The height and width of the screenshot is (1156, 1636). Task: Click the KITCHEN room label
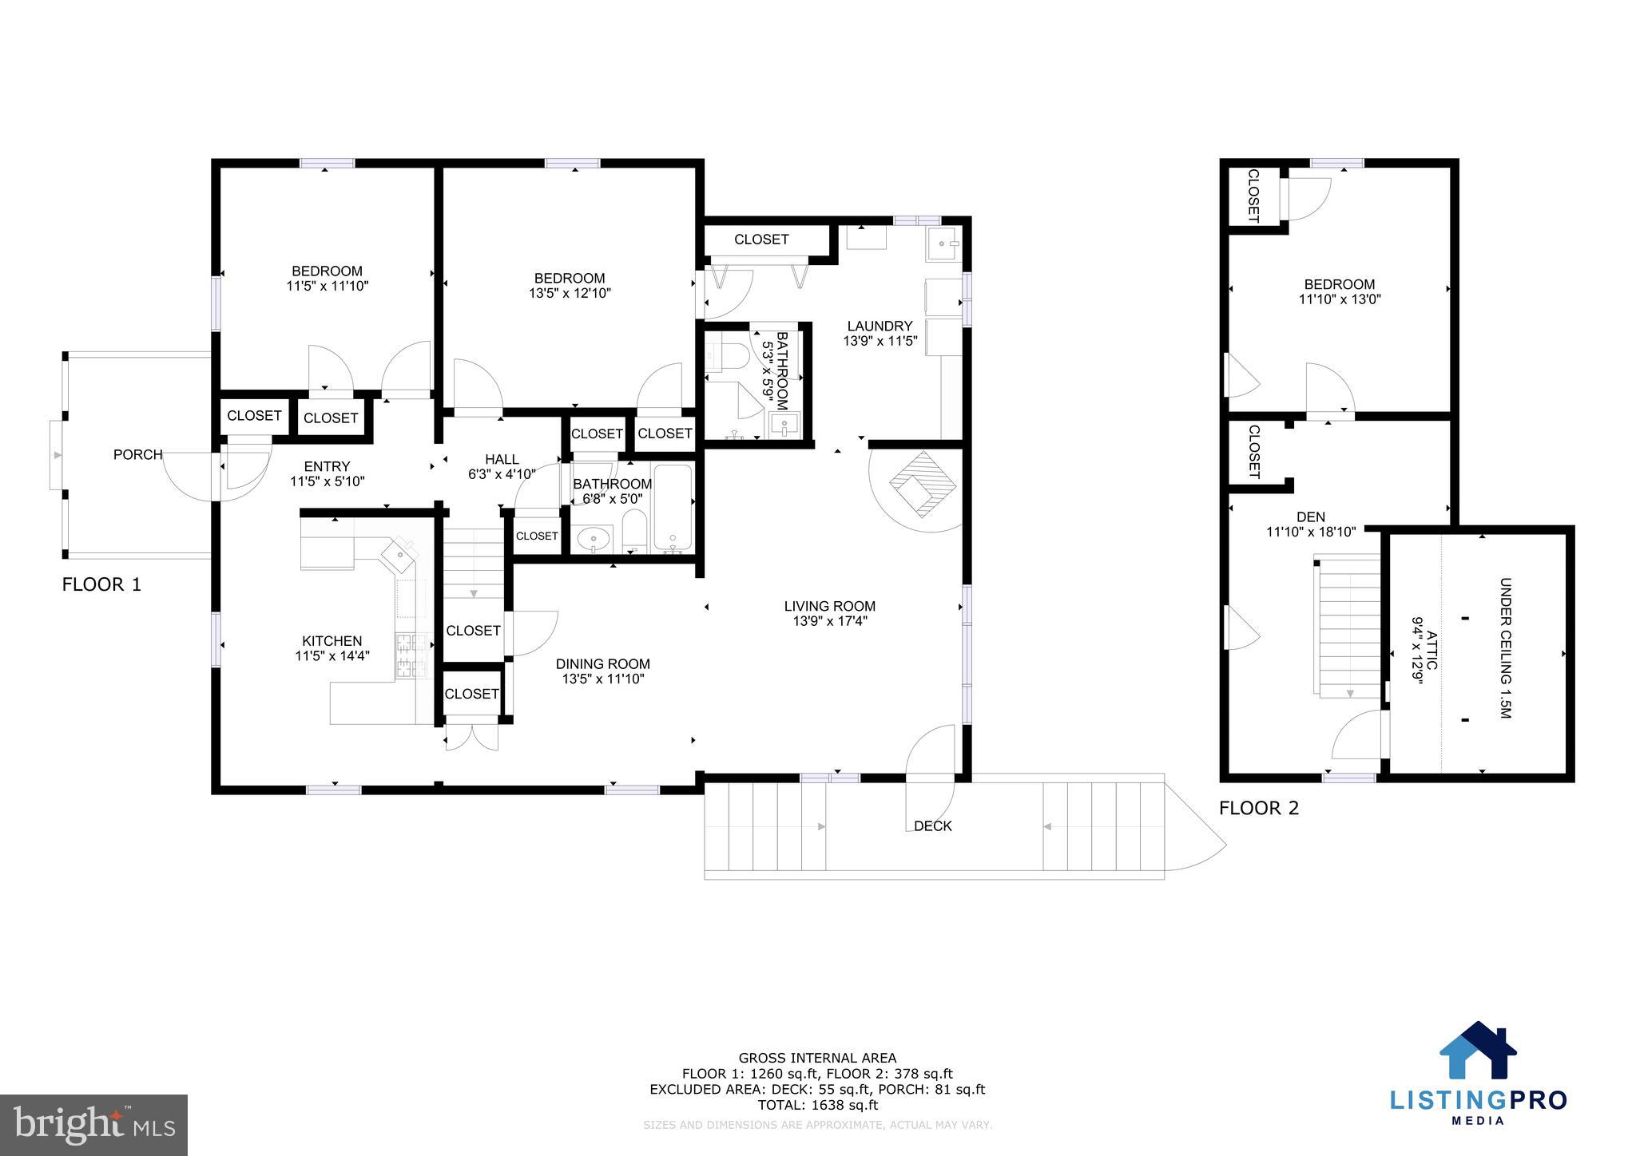[332, 641]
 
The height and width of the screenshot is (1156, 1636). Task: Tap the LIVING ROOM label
[829, 607]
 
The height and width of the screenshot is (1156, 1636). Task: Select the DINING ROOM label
[602, 664]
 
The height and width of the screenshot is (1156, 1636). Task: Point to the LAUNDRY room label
[880, 327]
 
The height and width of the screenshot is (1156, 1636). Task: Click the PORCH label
[137, 455]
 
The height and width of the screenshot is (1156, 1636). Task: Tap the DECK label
[932, 826]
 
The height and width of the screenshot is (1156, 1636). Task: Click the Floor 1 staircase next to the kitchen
[474, 563]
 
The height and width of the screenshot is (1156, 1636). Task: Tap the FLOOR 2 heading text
[1259, 809]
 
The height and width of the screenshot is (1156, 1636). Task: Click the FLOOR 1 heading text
[101, 585]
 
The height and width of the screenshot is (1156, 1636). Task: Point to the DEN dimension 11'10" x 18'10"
[1311, 532]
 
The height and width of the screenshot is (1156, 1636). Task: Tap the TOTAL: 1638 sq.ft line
[817, 1106]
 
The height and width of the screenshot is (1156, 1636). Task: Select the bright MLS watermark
[93, 1124]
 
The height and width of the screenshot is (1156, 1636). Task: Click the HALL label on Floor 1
[502, 460]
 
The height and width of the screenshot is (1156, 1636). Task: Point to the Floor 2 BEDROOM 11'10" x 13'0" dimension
[1340, 300]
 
